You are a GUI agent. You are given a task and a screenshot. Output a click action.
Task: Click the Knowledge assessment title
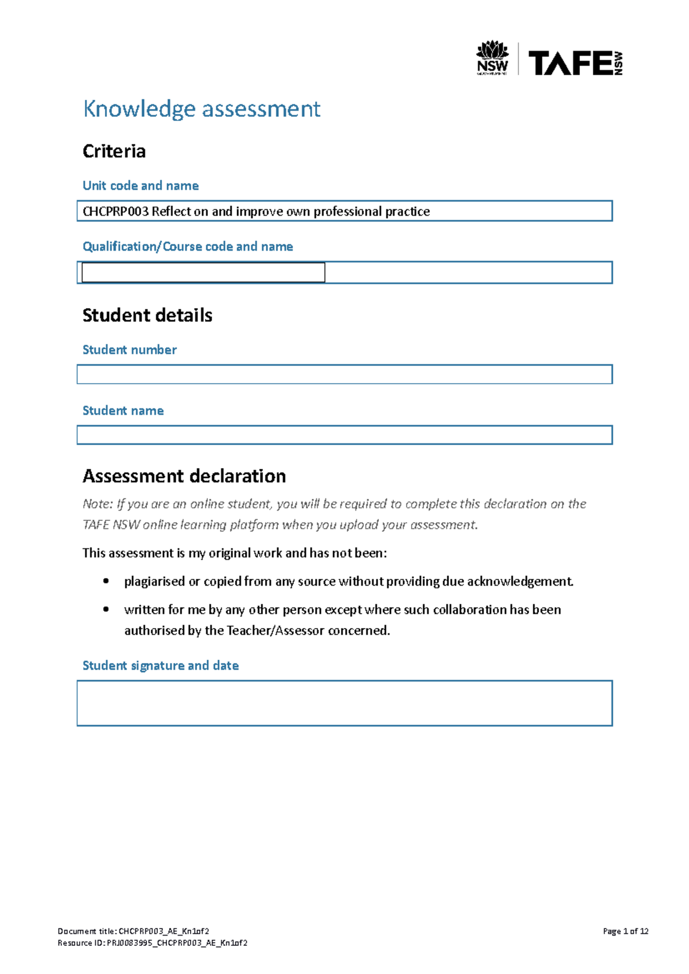[x=202, y=109]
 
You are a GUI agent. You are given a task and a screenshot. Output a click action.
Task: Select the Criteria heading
[x=114, y=151]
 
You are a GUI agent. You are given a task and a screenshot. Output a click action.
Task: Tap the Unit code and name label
[x=141, y=186]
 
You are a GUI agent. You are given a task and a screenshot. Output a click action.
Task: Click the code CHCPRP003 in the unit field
[x=115, y=212]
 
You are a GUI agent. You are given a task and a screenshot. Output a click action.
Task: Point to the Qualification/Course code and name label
[x=188, y=247]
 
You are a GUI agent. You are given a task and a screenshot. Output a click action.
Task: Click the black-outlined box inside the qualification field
[x=203, y=272]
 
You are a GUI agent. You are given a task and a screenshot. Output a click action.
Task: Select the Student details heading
[x=148, y=315]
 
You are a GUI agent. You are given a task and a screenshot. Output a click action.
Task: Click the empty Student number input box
[x=344, y=375]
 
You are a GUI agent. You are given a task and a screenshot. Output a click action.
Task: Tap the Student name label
[x=123, y=411]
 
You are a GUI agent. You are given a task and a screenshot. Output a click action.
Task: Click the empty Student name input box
[x=344, y=435]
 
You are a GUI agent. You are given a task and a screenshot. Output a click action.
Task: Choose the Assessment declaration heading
[x=184, y=477]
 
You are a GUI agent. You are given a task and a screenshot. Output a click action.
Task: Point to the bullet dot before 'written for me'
[x=106, y=610]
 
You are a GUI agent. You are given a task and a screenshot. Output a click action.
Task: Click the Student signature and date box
[x=344, y=703]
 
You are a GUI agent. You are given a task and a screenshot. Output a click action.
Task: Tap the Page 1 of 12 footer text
[x=625, y=932]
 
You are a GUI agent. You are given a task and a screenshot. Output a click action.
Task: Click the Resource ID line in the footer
[x=152, y=943]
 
